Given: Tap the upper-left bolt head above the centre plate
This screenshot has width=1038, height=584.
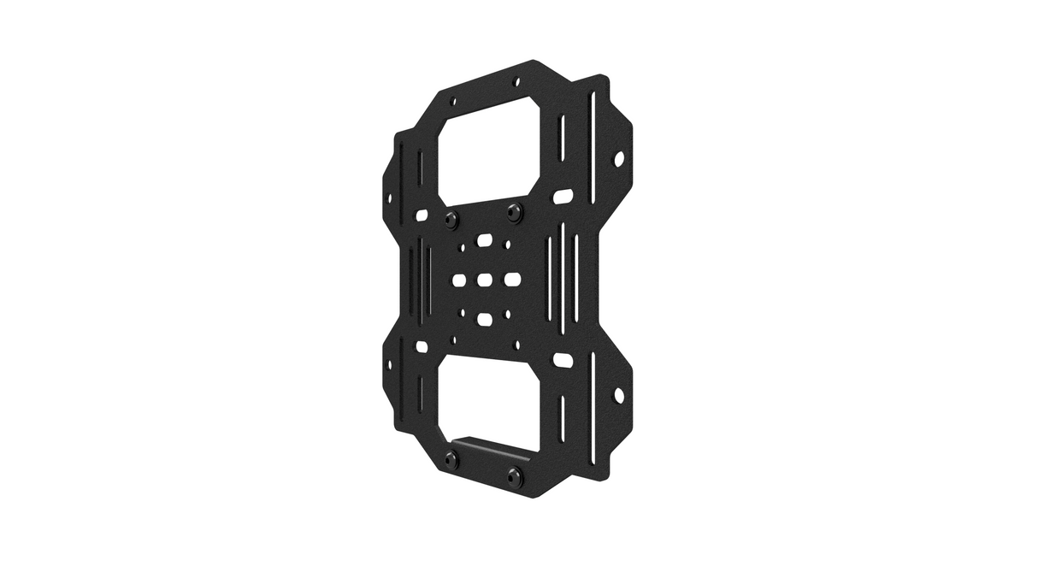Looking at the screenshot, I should (x=451, y=220).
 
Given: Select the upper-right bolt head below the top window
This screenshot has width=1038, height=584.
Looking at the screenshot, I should (x=513, y=210).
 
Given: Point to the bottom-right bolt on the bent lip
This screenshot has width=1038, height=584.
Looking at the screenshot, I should (x=514, y=474).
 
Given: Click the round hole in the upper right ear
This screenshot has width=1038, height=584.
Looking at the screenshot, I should (x=619, y=159).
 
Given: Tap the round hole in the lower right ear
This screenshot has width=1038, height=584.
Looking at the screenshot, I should (x=619, y=395).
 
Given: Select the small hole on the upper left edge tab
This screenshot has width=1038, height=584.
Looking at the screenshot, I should (x=390, y=197).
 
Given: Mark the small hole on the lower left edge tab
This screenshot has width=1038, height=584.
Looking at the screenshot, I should (x=390, y=365).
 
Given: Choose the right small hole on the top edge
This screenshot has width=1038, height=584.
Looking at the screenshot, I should (x=515, y=82).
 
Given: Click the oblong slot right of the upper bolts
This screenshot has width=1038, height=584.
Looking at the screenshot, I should (x=563, y=197).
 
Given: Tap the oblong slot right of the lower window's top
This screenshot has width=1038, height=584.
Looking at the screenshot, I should (x=563, y=360).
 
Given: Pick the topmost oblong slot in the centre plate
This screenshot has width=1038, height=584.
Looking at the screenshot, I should (x=485, y=242).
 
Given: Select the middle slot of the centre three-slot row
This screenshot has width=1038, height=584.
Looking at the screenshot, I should (x=485, y=279).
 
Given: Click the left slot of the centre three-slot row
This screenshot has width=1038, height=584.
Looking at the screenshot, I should (x=458, y=279).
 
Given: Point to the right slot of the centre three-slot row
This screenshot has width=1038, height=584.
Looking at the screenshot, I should (x=512, y=279).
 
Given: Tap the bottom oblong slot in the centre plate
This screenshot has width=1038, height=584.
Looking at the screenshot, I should (x=485, y=319).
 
